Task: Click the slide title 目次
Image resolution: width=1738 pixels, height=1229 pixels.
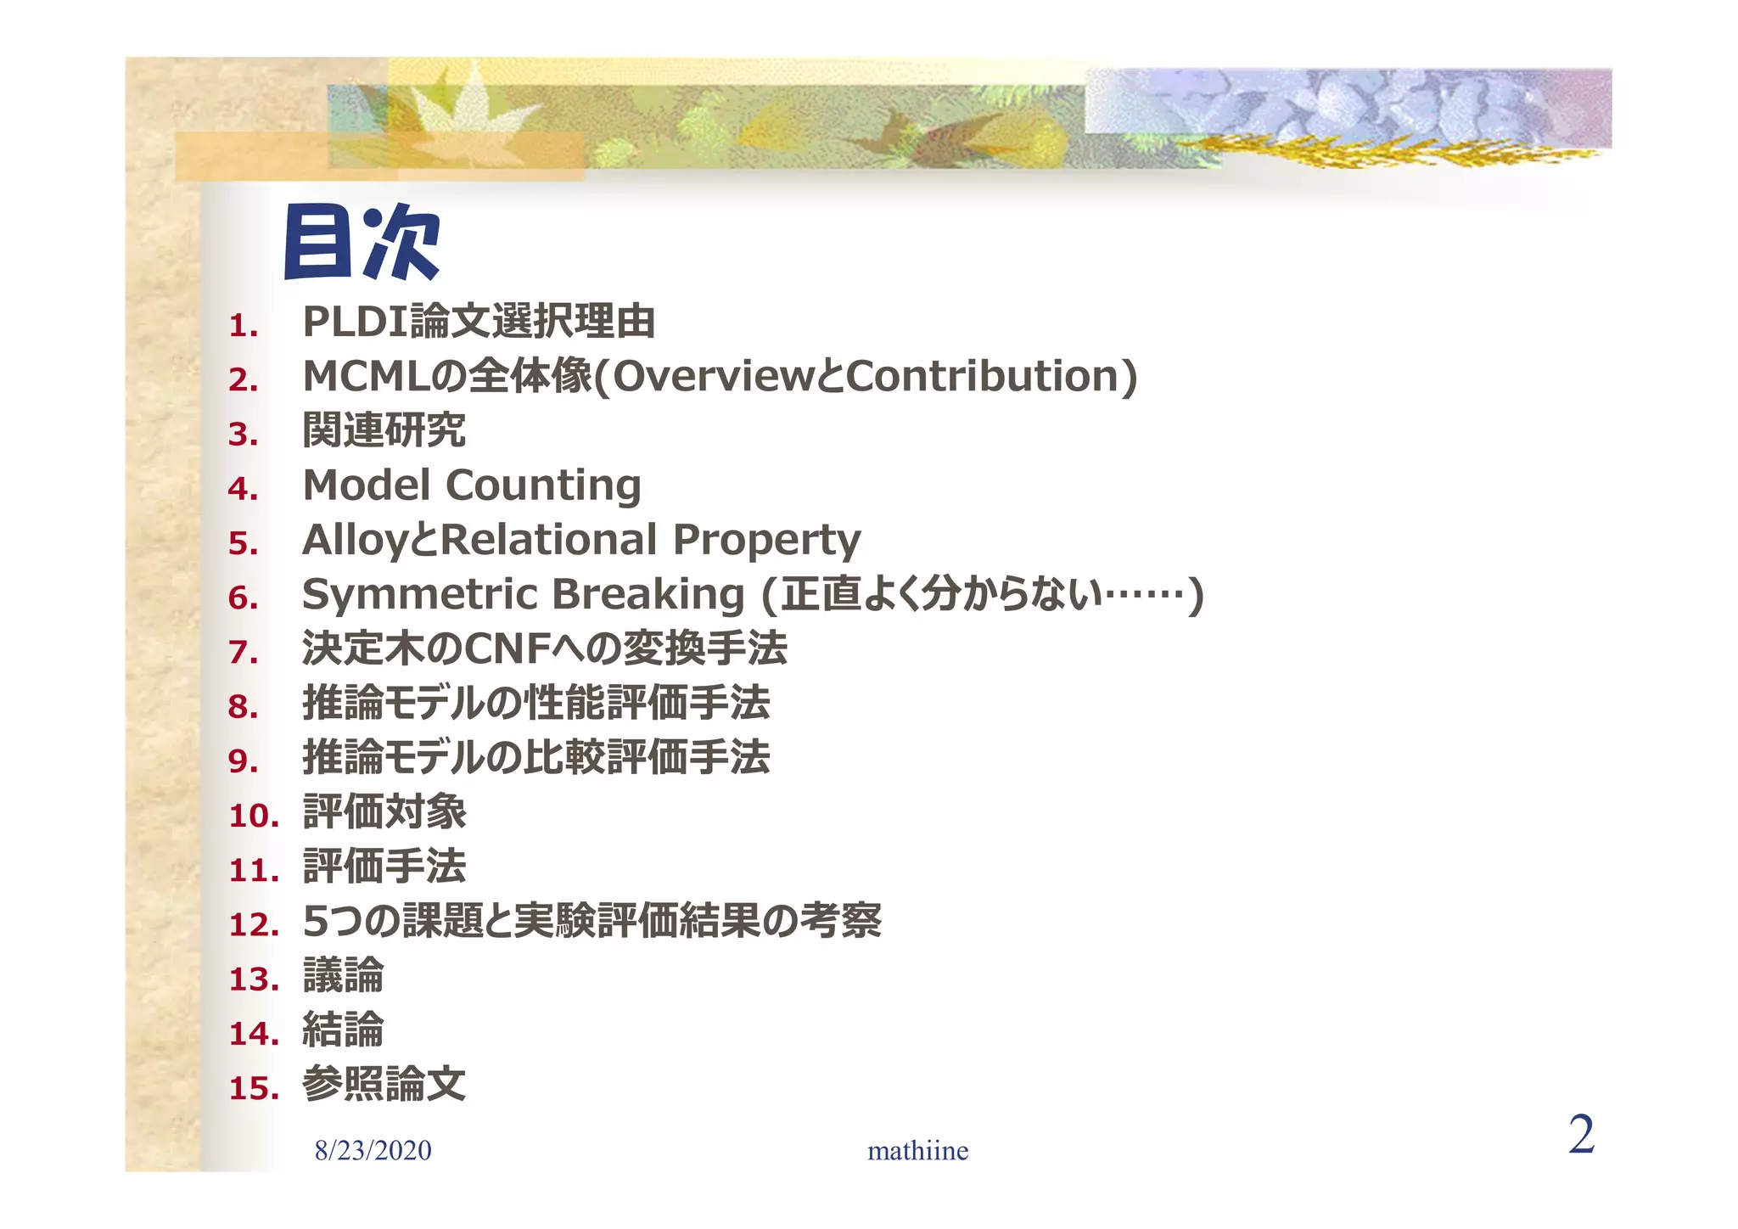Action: click(x=361, y=243)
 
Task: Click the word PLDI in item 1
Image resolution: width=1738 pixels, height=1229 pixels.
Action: click(x=354, y=322)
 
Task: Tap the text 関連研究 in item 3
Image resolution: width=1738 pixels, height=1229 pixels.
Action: click(x=384, y=430)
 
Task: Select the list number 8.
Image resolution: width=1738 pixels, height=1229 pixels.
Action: click(x=243, y=706)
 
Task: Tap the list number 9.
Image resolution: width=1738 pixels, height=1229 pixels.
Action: click(x=243, y=760)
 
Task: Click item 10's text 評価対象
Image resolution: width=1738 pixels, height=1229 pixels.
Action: click(x=384, y=812)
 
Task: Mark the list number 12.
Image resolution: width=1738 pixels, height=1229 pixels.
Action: click(x=254, y=924)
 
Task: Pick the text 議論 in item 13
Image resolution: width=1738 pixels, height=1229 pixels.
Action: click(x=343, y=976)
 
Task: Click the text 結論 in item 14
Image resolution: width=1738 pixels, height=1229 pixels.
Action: click(x=343, y=1030)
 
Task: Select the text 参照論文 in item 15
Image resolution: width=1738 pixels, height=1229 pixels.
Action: click(x=384, y=1085)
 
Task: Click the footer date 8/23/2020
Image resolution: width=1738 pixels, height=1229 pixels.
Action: click(x=373, y=1150)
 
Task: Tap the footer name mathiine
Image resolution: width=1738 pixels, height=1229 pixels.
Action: click(x=917, y=1151)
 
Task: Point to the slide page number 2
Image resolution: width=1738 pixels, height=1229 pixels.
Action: click(x=1581, y=1135)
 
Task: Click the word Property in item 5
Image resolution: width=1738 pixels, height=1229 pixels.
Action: click(x=766, y=541)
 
